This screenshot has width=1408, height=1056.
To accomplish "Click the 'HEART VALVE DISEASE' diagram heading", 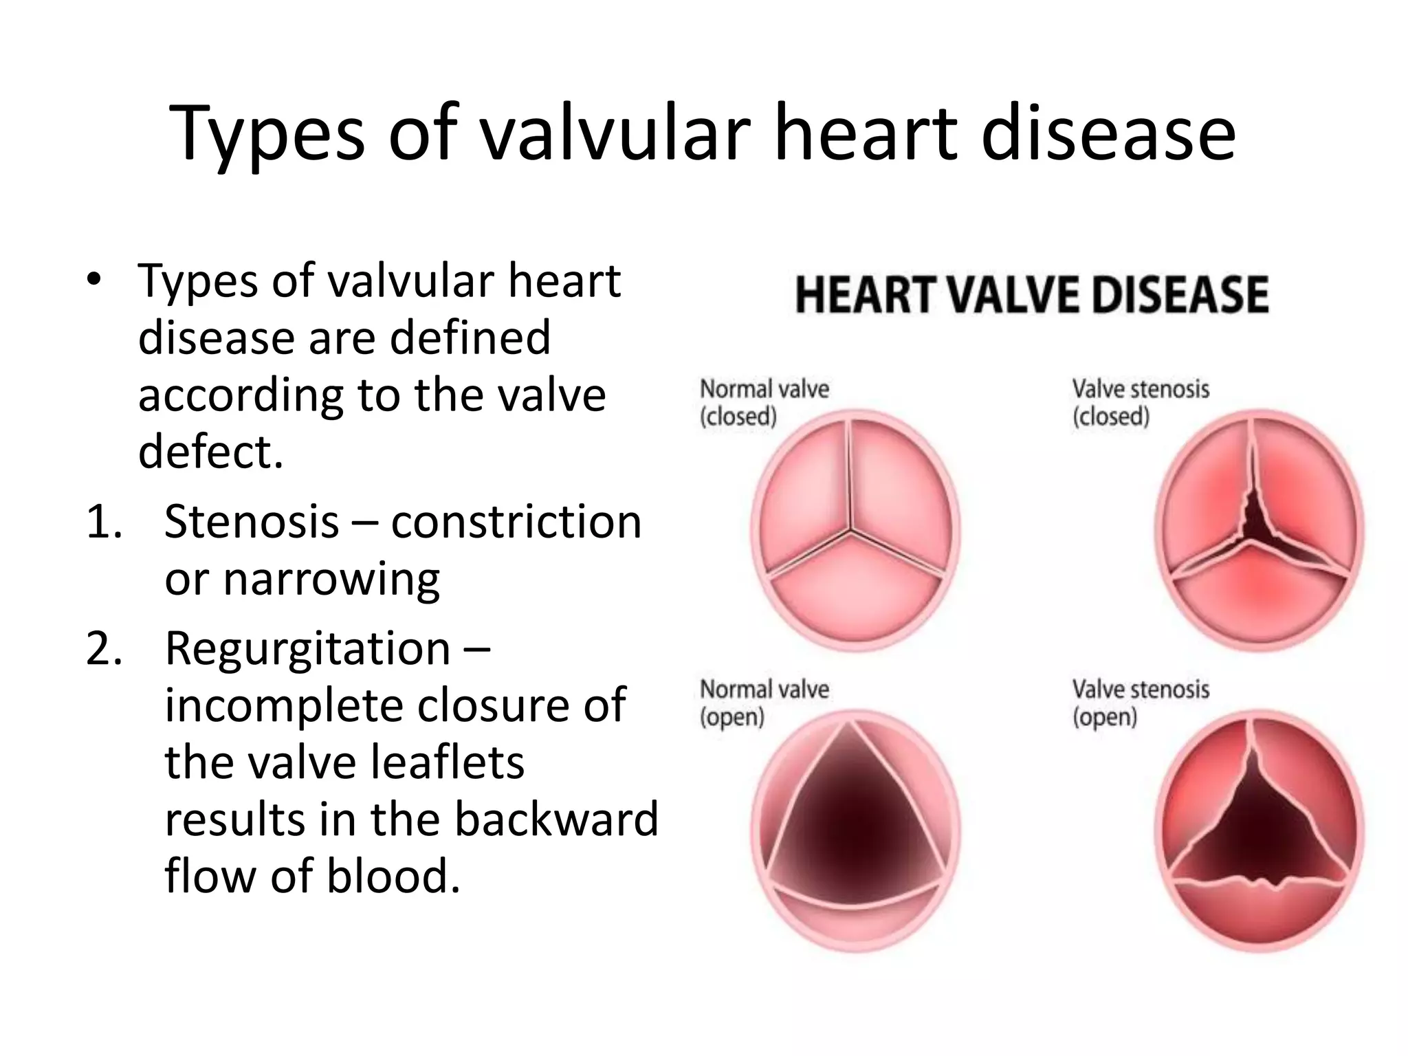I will pyautogui.click(x=1031, y=295).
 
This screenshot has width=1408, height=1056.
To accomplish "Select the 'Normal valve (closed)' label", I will pyautogui.click(x=764, y=402).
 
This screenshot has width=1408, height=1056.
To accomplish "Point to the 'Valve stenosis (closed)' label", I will pyautogui.click(x=1140, y=402).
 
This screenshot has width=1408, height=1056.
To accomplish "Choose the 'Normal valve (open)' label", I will pyautogui.click(x=764, y=703).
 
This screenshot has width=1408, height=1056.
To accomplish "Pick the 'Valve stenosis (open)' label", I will pyautogui.click(x=1140, y=703).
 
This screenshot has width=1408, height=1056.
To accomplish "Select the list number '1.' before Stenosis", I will pyautogui.click(x=104, y=522).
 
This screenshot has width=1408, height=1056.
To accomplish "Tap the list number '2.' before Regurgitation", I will pyautogui.click(x=104, y=648).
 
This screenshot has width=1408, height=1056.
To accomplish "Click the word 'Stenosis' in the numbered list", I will pyautogui.click(x=252, y=522).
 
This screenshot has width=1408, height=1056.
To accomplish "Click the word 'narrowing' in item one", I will pyautogui.click(x=331, y=580).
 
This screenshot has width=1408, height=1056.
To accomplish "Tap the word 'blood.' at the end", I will pyautogui.click(x=393, y=877).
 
